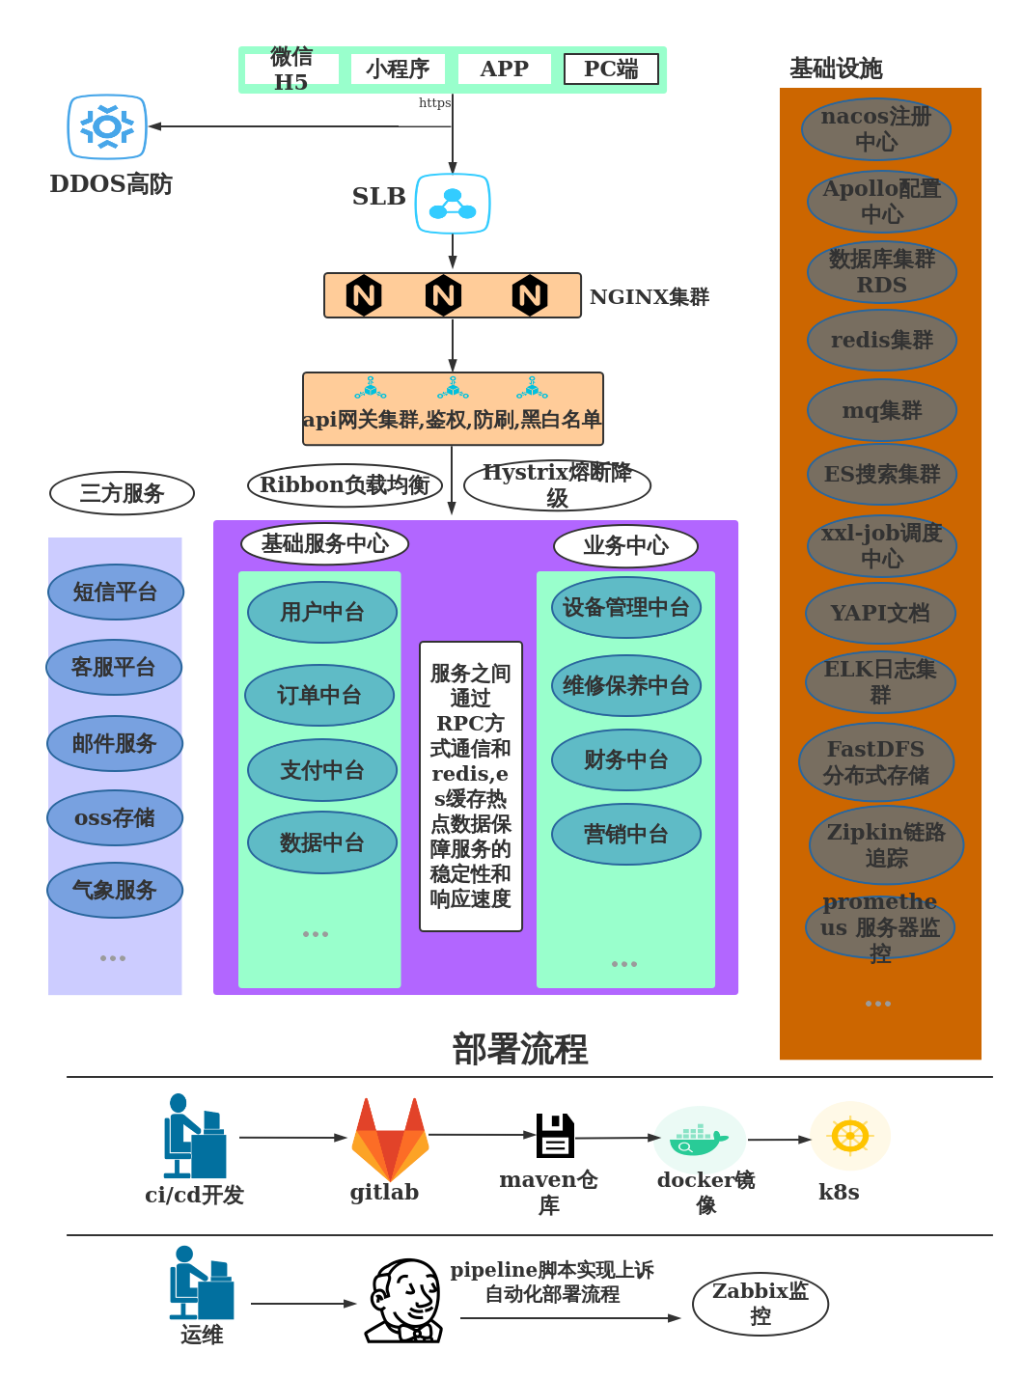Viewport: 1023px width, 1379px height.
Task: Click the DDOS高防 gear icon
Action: coord(107,126)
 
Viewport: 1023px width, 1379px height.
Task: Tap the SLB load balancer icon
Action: coord(453,204)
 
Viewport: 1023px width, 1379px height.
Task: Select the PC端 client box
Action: coord(611,69)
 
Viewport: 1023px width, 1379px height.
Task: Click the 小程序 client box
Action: coord(398,69)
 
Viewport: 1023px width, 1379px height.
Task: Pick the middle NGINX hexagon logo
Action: coord(443,295)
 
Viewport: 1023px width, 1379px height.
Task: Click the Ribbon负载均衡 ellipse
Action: coord(345,485)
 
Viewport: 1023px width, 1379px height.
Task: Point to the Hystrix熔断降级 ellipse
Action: coord(557,485)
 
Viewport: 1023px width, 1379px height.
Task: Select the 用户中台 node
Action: coord(322,612)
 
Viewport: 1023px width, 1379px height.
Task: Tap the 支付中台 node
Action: coord(322,770)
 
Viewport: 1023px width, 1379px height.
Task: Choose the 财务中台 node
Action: coord(626,759)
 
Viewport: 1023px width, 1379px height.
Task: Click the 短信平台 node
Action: coord(116,592)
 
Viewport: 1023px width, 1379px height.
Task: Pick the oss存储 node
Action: coord(115,817)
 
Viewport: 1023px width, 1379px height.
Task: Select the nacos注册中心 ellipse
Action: coord(876,129)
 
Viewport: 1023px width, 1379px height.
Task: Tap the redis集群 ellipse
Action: coord(882,340)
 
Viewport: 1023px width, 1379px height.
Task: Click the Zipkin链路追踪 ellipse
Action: coord(886,844)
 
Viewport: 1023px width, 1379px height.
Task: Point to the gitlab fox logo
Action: coord(390,1140)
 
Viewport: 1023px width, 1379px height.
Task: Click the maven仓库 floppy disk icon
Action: coord(555,1136)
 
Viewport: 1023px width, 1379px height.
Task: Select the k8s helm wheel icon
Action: coord(850,1136)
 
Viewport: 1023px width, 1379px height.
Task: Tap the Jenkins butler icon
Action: coord(404,1301)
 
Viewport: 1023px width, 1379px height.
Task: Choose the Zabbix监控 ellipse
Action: coord(760,1304)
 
